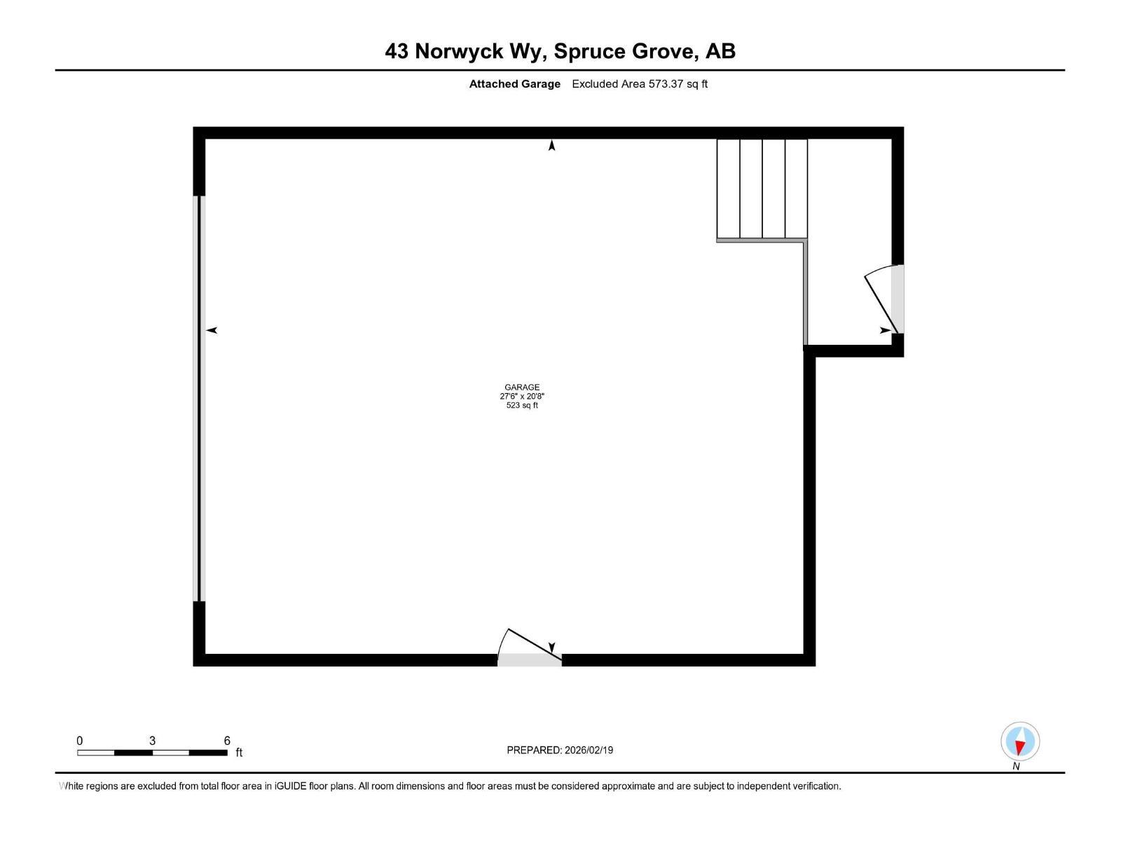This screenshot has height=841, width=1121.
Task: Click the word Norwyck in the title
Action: point(459,51)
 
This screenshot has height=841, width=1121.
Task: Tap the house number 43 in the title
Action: point(397,51)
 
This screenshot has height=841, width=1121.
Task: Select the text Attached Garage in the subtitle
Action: point(514,83)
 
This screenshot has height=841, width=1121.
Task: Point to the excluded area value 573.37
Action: point(666,83)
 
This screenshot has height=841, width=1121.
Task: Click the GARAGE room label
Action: point(521,387)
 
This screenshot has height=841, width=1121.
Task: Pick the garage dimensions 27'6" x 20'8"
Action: point(521,396)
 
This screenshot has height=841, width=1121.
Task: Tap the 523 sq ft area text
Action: point(521,405)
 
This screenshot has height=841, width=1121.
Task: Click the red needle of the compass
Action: point(1019,748)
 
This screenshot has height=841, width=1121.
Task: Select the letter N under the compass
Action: point(1016,767)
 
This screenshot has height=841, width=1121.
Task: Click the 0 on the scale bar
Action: point(79,740)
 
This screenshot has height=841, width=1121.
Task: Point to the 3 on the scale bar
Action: point(152,740)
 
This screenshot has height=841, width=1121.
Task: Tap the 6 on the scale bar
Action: point(227,740)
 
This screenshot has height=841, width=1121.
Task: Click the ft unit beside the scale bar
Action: point(238,753)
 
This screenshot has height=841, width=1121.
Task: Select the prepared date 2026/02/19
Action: point(589,750)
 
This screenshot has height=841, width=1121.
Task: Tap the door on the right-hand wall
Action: point(884,299)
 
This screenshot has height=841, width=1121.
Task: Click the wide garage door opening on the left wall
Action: point(199,398)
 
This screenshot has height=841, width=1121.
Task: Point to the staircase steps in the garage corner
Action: point(762,189)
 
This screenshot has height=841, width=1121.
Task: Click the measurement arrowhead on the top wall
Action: point(551,146)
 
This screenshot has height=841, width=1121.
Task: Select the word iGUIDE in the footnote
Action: point(290,786)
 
